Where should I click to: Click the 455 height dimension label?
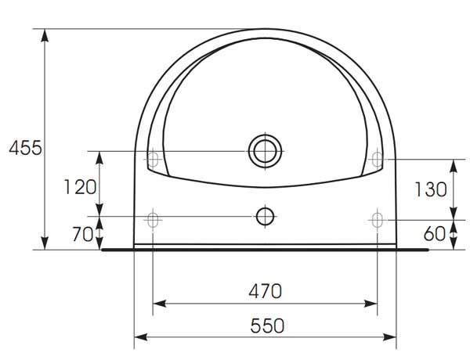[x=25, y=148]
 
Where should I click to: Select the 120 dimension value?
[x=80, y=187]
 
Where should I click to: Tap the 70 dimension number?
[x=83, y=234]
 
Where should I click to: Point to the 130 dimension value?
[x=430, y=189]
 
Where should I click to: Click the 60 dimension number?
[x=435, y=234]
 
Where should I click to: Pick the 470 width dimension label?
[x=266, y=291]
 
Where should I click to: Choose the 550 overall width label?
[x=267, y=326]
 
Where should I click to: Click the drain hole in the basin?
[x=265, y=151]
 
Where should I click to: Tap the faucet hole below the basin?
[x=265, y=216]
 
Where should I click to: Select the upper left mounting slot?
[x=153, y=159]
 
